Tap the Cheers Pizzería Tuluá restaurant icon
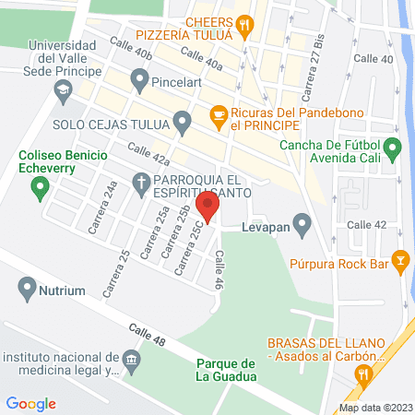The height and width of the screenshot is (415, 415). point(243,27)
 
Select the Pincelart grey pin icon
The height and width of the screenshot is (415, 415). point(139,81)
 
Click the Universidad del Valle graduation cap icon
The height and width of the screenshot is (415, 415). point(63,89)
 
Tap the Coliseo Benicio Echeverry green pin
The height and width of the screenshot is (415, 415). point(39,190)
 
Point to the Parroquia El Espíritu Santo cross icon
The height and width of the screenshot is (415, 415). point(141,180)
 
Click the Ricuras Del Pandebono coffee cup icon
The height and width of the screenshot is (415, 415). point(219,114)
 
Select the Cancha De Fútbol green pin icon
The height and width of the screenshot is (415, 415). point(392,148)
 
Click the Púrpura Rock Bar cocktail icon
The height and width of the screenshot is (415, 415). point(399,261)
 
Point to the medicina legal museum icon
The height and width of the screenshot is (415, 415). point(131,359)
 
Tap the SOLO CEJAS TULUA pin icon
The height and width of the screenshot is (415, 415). point(184,122)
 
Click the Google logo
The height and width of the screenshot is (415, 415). point(30,403)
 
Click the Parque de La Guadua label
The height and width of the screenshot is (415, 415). point(225,369)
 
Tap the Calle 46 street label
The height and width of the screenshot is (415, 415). point(219,271)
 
